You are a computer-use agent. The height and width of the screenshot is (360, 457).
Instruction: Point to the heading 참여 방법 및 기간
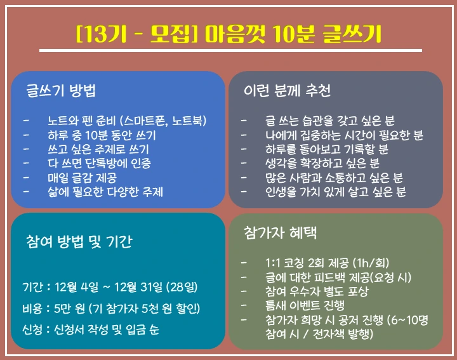click(79, 242)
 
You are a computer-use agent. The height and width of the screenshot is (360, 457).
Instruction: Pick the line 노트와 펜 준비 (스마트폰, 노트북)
click(127, 120)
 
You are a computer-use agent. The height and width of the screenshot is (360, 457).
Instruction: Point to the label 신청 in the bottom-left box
click(32, 330)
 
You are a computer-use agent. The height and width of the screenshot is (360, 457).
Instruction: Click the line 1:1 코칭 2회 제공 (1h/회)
click(328, 263)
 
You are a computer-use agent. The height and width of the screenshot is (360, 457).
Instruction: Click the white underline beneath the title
click(230, 50)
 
